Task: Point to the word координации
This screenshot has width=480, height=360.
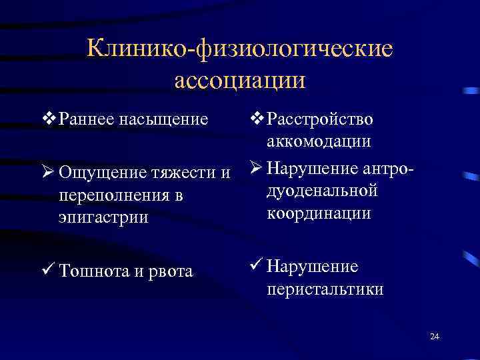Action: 319,214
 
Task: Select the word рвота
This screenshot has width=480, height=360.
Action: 169,271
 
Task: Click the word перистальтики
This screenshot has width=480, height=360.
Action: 325,289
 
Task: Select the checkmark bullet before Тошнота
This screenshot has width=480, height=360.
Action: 48,271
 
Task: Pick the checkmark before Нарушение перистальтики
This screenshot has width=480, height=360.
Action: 255,266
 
